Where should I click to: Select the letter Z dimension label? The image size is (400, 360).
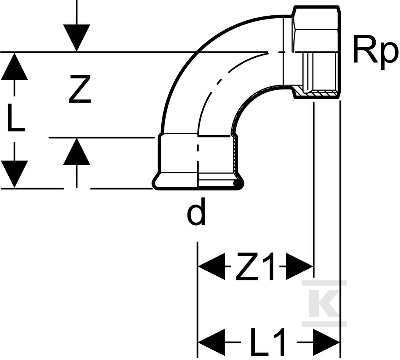(80, 89)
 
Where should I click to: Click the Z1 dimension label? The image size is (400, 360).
(256, 266)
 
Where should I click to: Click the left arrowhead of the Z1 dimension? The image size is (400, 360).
(211, 266)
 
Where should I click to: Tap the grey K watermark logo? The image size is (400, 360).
(324, 303)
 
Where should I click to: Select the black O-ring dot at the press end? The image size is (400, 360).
(237, 183)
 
